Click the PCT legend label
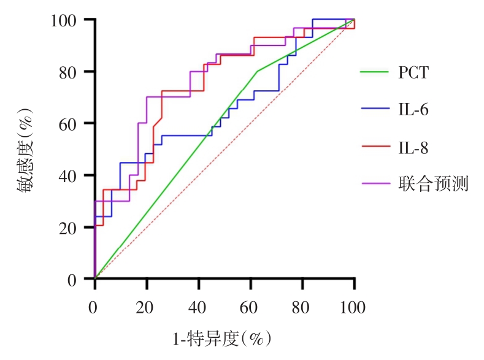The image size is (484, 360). (x=413, y=73)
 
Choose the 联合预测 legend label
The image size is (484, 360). (x=433, y=183)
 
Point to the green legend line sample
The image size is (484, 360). (x=374, y=72)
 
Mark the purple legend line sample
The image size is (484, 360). (x=374, y=183)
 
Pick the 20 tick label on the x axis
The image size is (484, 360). (x=146, y=307)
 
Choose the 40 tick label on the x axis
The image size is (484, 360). (x=198, y=307)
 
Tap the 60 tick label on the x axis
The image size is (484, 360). (x=250, y=307)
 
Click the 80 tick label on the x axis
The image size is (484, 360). (x=302, y=307)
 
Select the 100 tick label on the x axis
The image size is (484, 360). (x=353, y=307)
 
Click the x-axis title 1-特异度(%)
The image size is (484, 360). (x=221, y=338)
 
